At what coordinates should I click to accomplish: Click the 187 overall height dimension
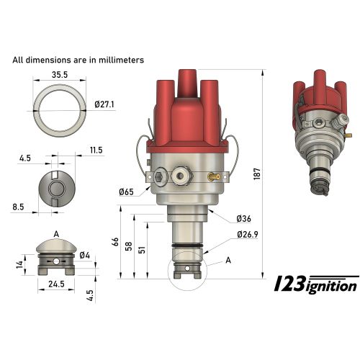[x=268, y=174]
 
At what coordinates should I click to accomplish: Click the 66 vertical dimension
[x=116, y=243]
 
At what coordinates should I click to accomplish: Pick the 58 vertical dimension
[x=129, y=246]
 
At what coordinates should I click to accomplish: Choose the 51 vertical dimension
[x=143, y=249]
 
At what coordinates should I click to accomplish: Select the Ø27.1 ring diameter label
[x=105, y=104]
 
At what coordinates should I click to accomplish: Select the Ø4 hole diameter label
[x=106, y=254]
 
